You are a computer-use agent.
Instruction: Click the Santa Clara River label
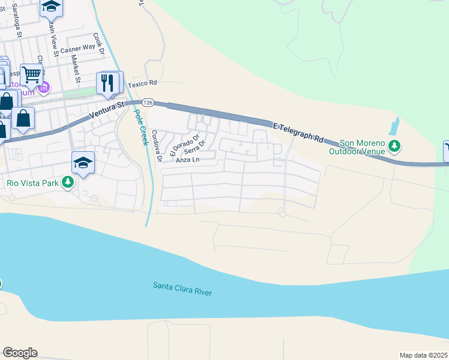pos(182,288)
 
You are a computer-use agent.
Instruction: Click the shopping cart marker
pos(31,74)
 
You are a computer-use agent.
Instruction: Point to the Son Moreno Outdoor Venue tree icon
pos(394,146)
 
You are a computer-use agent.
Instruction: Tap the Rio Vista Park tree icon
pos(68,181)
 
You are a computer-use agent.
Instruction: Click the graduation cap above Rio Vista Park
pos(83,163)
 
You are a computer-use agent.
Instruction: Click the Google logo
pos(20,353)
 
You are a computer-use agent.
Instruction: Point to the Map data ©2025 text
pos(423,355)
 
